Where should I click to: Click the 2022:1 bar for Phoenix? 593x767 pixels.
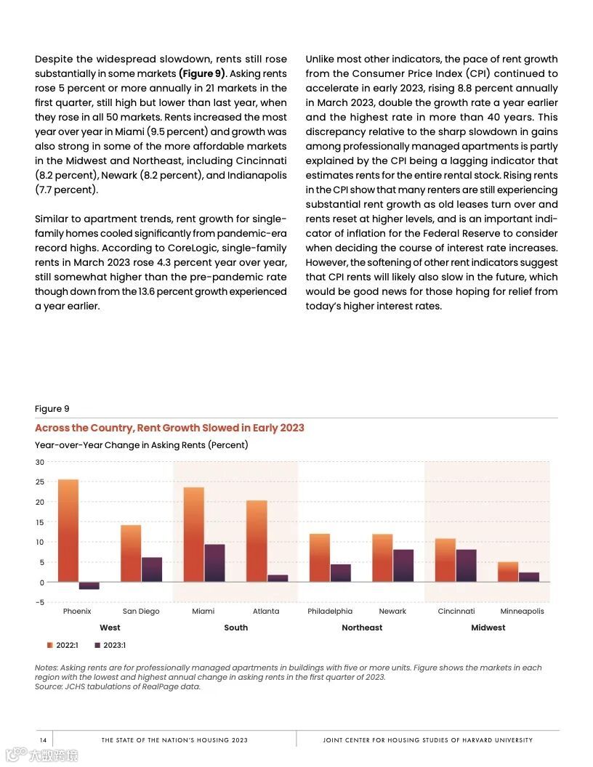point(68,530)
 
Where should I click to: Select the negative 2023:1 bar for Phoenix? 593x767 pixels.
point(89,585)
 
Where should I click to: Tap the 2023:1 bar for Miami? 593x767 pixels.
point(214,563)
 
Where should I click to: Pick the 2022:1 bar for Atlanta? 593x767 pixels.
point(257,541)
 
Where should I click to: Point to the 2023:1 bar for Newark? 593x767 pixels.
point(403,566)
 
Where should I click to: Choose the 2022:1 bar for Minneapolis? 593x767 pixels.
point(508,572)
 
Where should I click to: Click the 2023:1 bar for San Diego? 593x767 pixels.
point(152,569)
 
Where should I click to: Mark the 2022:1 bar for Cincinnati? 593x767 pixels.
point(445,560)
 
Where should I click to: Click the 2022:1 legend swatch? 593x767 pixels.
point(50,645)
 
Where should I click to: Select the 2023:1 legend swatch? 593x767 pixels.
point(97,645)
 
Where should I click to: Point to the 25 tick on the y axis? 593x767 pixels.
point(40,482)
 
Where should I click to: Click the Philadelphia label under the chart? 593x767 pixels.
point(330,612)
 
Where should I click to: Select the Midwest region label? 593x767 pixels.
point(488,628)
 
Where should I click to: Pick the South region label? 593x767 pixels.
point(235,628)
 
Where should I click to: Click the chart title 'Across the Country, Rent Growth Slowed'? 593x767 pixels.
point(169,428)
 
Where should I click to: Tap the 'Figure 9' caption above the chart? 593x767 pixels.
point(52,409)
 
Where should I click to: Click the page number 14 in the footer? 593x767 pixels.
point(43,740)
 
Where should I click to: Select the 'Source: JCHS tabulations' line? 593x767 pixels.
point(118,686)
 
